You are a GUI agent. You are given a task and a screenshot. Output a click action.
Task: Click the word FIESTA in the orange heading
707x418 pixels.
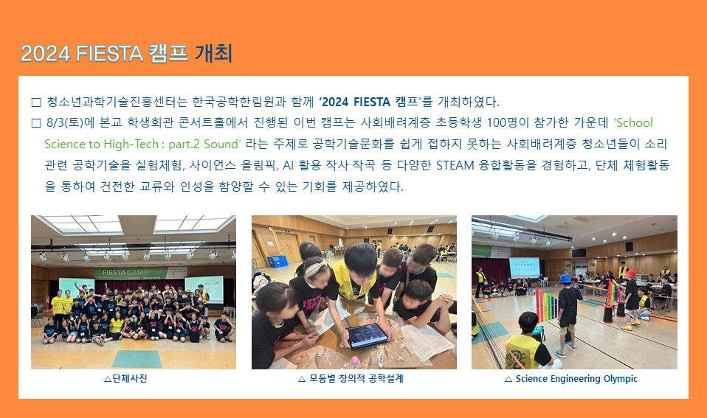[x=109, y=54]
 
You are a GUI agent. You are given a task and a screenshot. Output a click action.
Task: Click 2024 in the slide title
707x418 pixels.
[x=45, y=54]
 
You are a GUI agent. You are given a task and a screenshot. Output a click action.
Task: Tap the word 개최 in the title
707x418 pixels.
[x=214, y=53]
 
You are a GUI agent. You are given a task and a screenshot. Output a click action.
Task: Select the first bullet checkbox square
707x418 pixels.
[x=36, y=102]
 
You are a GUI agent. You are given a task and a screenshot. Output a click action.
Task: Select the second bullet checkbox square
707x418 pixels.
[x=36, y=123]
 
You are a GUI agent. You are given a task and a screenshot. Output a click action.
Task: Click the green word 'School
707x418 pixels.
[x=633, y=122]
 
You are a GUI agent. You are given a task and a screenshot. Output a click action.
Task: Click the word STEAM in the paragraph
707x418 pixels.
[x=455, y=165]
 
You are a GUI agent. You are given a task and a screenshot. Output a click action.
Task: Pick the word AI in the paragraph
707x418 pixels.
[x=288, y=165]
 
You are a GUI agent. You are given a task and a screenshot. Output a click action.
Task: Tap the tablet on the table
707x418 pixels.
[x=367, y=336]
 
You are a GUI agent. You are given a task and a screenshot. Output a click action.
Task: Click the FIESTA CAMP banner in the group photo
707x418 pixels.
[x=131, y=272]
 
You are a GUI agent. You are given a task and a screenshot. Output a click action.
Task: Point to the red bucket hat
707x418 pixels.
[x=630, y=274]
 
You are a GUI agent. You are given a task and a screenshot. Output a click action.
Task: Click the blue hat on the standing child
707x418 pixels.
[x=565, y=279]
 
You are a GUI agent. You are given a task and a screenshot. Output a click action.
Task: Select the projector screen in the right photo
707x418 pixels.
[x=525, y=268]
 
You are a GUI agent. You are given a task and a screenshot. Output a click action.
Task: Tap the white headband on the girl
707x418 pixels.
[x=314, y=268]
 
